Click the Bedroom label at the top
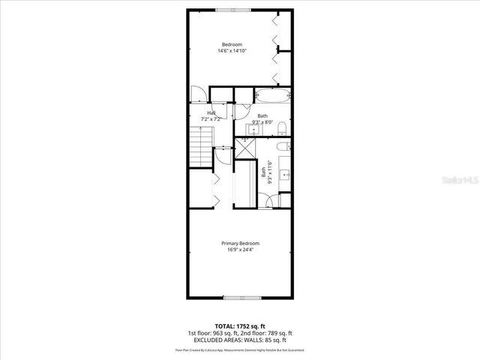coord(232,44)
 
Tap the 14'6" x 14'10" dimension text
coord(232,51)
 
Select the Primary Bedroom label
coord(240,244)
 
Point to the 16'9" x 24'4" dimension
coord(240,250)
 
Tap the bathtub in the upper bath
coord(271,97)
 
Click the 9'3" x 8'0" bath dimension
coord(262,121)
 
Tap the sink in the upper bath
coord(252,129)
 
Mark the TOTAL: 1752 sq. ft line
coord(240,326)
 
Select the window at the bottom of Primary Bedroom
coord(239,297)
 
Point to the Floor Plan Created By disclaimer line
coord(240,349)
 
